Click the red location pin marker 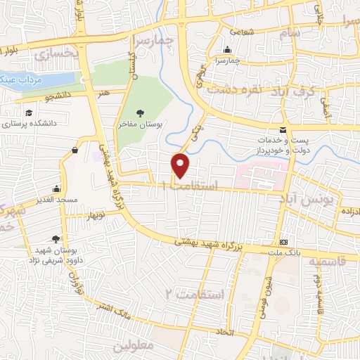(181, 165)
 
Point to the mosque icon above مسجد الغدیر (56, 189)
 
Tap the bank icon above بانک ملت (283, 240)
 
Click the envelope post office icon (283, 130)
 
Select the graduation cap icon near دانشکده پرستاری (29, 112)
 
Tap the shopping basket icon (75, 150)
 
